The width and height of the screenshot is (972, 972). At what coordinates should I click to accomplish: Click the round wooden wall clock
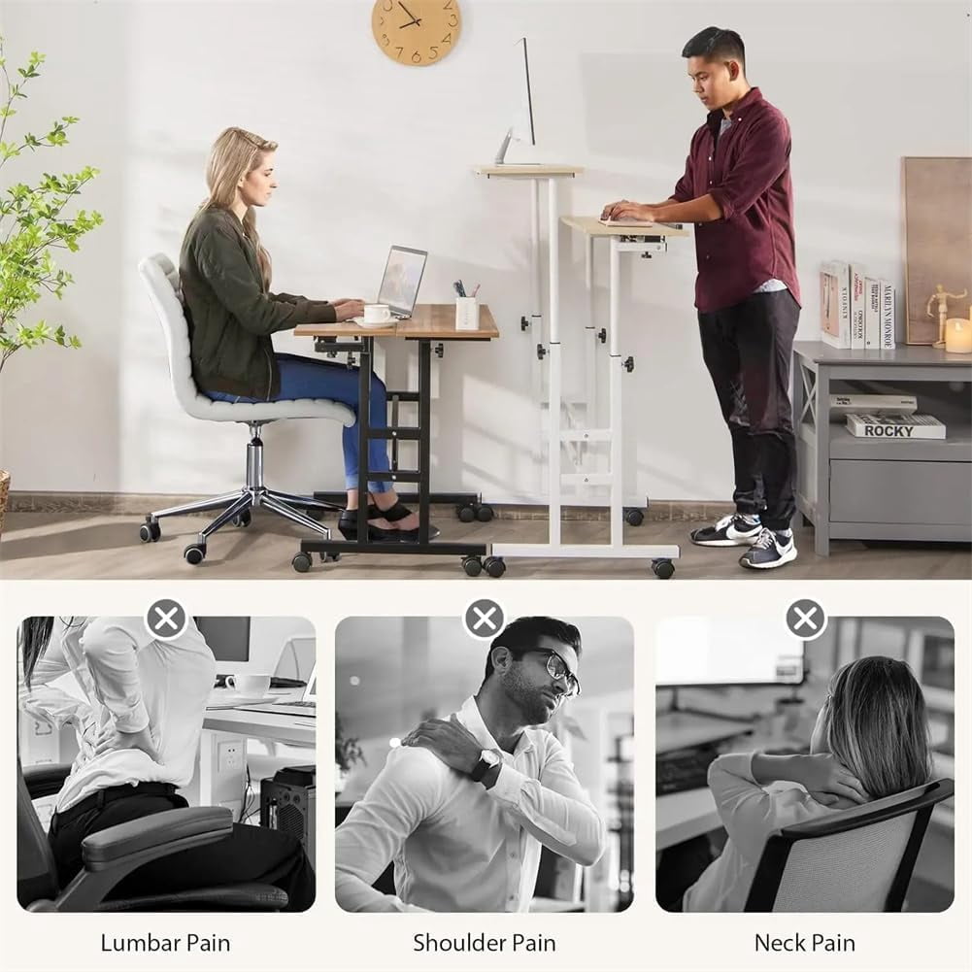[x=416, y=28]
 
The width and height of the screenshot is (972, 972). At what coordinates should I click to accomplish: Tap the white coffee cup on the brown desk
[x=377, y=315]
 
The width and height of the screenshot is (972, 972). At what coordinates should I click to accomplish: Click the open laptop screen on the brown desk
[x=402, y=281]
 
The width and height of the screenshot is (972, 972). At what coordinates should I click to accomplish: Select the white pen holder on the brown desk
[x=465, y=313]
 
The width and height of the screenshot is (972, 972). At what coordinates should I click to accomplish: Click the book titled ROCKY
[x=895, y=426]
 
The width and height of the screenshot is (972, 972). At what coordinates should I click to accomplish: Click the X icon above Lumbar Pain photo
[x=166, y=619]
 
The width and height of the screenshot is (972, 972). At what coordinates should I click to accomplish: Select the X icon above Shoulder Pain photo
[x=485, y=619]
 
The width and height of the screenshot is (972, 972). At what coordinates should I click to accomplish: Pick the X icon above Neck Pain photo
[x=805, y=619]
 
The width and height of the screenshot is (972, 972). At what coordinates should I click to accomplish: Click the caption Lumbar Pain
[x=165, y=943]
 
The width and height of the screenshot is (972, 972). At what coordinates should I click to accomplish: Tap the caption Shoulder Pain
[x=485, y=943]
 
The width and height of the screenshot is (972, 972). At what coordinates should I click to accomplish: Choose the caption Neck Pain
[x=805, y=943]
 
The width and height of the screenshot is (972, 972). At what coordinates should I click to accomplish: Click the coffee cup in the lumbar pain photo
[x=249, y=685]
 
